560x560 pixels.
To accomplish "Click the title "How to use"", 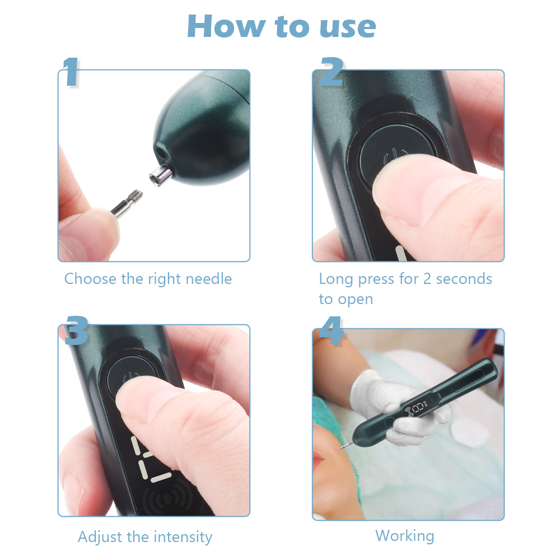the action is (x=282, y=26).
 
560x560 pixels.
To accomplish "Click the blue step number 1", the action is (x=71, y=72).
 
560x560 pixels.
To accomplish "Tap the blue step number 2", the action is (x=332, y=72).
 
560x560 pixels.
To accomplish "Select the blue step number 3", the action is (x=76, y=330).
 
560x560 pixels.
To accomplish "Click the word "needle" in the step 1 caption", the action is (x=209, y=278).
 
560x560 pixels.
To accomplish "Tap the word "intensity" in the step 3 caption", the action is (x=183, y=537).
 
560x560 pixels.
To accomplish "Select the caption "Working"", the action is (x=405, y=536).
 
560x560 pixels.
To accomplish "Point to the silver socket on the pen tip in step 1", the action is (x=161, y=174).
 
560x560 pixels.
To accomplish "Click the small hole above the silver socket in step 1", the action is (x=161, y=153).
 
